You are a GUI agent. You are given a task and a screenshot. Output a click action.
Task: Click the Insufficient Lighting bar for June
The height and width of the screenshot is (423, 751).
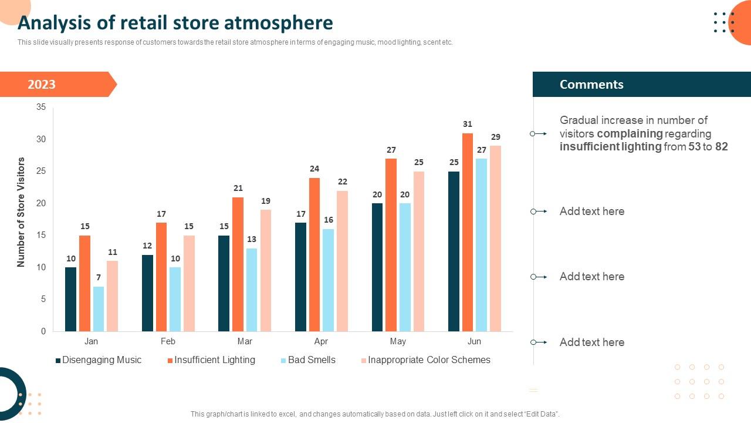coord(468,232)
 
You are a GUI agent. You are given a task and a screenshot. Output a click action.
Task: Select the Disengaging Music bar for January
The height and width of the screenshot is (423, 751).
coord(70,299)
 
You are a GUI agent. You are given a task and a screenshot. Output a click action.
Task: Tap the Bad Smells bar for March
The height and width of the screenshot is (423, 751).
coord(252,290)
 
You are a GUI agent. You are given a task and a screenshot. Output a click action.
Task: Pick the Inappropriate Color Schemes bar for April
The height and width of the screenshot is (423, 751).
coord(343,261)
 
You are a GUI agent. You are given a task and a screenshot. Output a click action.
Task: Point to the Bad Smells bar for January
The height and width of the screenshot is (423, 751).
coord(99,308)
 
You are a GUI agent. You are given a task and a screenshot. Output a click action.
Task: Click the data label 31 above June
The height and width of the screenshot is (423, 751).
coord(468,124)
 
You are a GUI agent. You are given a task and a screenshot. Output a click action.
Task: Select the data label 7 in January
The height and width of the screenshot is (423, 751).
coord(99,277)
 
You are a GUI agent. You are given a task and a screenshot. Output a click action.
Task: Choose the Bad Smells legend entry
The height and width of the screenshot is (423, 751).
coord(312,360)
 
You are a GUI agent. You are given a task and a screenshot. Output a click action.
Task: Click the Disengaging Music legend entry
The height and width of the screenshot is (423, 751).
coord(102,360)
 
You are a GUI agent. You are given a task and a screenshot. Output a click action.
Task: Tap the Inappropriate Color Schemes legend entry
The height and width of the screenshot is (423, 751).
coord(429,360)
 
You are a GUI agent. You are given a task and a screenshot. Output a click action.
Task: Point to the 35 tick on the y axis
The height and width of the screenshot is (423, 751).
coord(41,107)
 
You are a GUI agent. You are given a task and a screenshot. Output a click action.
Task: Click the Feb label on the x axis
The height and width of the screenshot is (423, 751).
coord(168,341)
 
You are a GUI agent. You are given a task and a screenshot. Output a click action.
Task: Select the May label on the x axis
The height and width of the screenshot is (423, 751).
coord(398,341)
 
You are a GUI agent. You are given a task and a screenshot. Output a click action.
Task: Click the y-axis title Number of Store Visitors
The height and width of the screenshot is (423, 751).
coord(21,212)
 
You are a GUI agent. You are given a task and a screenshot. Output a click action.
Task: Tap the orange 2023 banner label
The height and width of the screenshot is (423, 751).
coord(42,85)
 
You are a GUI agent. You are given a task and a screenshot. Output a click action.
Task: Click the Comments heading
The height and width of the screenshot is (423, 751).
coord(591,85)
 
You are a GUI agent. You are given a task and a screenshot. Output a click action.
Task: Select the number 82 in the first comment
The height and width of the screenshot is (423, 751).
coord(721,147)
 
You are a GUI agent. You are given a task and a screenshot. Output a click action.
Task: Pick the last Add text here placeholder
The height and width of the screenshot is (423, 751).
coord(591,343)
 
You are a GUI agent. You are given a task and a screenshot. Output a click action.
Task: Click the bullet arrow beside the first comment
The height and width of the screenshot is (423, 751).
coord(538,134)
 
